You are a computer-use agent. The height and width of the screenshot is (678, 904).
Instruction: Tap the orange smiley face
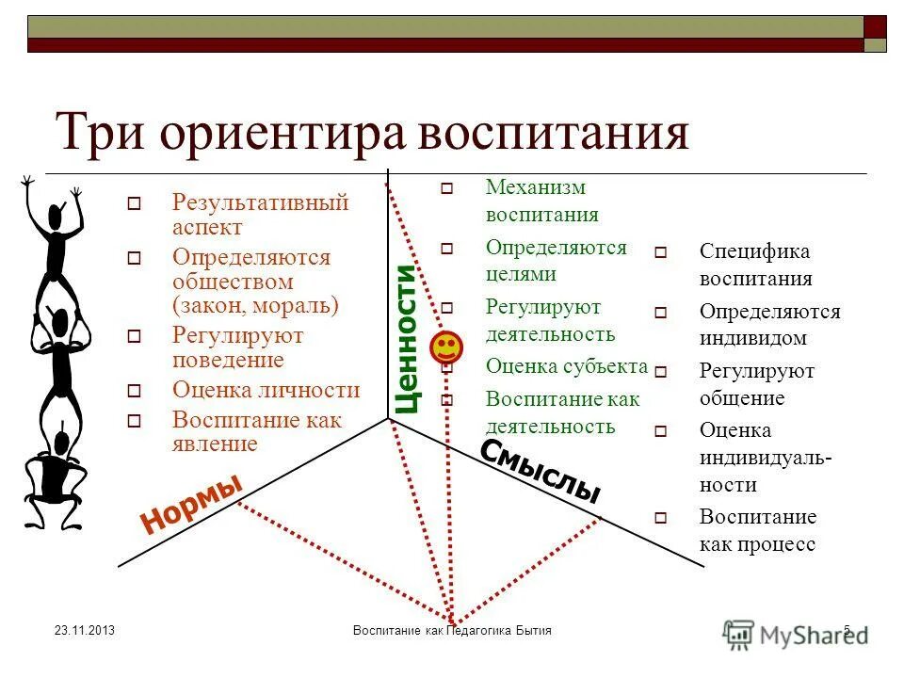(x=446, y=348)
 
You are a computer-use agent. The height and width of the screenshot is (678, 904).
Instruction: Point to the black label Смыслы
(x=541, y=471)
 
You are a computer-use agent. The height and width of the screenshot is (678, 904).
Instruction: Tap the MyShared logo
(x=796, y=633)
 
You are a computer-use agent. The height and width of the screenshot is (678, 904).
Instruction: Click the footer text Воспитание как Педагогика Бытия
(x=451, y=630)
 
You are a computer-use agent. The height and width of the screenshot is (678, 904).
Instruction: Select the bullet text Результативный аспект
(x=260, y=215)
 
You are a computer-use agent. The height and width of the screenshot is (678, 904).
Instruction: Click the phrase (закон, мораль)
(x=255, y=305)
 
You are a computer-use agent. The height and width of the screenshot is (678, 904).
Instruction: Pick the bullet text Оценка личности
(x=266, y=390)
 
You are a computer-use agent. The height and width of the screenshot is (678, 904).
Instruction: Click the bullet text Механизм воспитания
(x=541, y=201)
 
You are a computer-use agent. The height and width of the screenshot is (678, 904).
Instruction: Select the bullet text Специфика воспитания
(x=755, y=265)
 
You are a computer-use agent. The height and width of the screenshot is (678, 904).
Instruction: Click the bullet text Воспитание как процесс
(x=757, y=530)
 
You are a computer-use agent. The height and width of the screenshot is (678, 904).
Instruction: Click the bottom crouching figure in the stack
(x=52, y=480)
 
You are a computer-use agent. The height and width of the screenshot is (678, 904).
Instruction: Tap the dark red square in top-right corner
(x=876, y=26)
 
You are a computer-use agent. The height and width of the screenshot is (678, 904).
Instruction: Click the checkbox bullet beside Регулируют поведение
(x=134, y=336)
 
